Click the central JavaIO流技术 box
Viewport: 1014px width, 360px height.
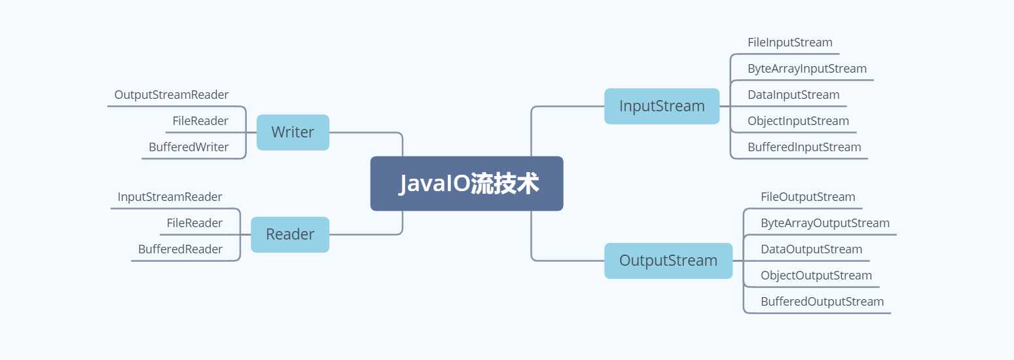[x=467, y=183]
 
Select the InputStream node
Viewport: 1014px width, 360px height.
[x=662, y=106]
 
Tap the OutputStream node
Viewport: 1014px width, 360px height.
[x=668, y=261]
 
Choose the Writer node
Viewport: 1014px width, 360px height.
[x=293, y=132]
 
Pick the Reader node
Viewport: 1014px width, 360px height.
[x=290, y=234]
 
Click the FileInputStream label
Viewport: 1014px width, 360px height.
[x=790, y=43]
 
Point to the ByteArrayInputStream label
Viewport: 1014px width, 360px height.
[x=807, y=69]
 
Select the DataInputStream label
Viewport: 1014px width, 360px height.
[x=793, y=95]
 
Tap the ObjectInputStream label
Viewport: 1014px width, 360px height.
[x=798, y=121]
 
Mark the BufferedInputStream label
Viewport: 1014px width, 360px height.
[x=805, y=147]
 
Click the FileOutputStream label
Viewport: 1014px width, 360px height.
[x=808, y=197]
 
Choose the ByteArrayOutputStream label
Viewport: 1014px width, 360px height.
[x=825, y=223]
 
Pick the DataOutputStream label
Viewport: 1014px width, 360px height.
[x=811, y=249]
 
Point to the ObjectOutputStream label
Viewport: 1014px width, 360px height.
[x=816, y=276]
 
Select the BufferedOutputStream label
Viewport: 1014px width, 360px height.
[x=822, y=302]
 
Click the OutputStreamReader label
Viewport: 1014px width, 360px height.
[x=172, y=95]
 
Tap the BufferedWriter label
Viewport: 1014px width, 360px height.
[x=189, y=147]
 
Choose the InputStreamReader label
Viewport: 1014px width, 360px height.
[x=170, y=197]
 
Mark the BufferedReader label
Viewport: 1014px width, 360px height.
[x=180, y=249]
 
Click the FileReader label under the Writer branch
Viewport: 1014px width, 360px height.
[x=200, y=121]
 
